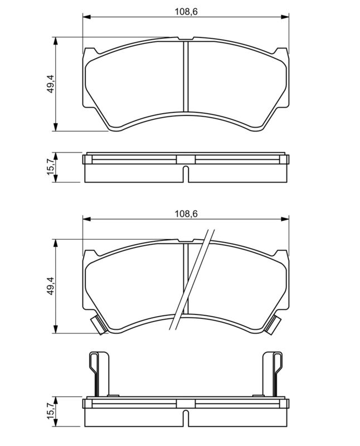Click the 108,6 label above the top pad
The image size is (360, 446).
(186, 10)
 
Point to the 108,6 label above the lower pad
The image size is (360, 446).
(186, 213)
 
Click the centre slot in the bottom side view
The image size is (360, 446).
(186, 411)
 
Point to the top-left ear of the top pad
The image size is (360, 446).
(88, 54)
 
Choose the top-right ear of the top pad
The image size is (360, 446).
(284, 54)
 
